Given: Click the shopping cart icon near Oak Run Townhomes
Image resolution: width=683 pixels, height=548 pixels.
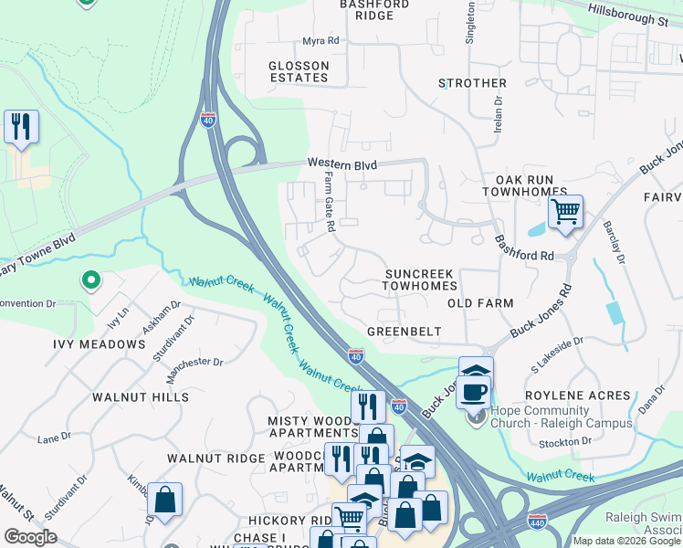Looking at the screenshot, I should coord(566,213).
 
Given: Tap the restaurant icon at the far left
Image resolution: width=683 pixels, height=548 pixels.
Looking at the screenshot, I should coord(21,126).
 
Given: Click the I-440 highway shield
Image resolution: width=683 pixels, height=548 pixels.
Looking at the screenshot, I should coord(539,522).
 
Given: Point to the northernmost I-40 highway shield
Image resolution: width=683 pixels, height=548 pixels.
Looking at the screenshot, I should coord(208,120).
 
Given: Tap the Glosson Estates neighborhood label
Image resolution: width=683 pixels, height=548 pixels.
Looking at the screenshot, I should coord(299,72).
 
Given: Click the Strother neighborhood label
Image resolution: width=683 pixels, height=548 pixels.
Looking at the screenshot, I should coord(472,83).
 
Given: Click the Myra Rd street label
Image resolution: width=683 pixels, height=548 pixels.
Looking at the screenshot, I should coord(320,41).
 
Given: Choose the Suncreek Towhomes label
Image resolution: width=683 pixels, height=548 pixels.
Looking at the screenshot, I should coord(420,279).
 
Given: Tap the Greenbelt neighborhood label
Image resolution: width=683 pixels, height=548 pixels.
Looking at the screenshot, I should coord(404,331).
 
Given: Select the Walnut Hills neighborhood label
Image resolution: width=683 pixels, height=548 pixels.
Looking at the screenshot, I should coord(141,397).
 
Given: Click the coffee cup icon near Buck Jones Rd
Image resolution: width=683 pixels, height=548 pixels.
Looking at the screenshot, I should coord(473,392).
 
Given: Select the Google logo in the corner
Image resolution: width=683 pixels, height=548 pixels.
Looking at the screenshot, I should coord(31,537).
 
